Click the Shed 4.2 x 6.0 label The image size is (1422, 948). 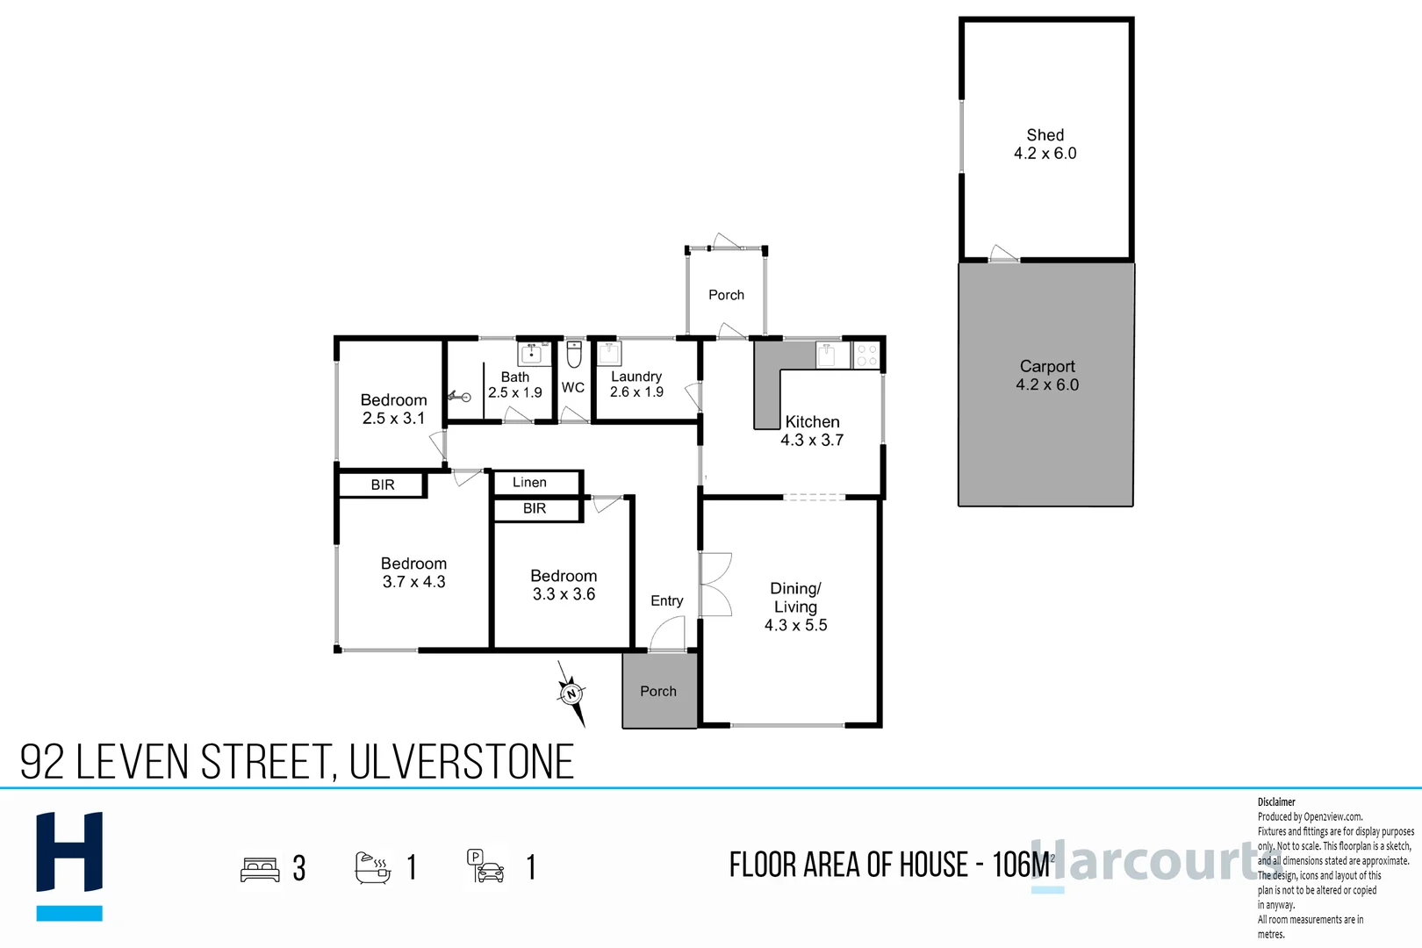(1045, 144)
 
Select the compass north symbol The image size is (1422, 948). (571, 693)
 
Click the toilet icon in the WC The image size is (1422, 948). (573, 355)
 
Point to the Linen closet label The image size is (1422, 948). (529, 483)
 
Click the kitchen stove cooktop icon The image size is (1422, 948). (866, 355)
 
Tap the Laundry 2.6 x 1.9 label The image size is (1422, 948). (636, 384)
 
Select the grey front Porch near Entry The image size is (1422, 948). (659, 691)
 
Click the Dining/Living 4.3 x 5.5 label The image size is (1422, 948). (795, 607)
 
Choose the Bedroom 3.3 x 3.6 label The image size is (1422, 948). (564, 585)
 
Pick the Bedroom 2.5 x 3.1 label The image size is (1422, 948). (393, 409)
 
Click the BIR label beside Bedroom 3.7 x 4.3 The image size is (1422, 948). (383, 485)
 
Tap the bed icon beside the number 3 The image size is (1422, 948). (260, 869)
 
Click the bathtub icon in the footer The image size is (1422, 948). (372, 867)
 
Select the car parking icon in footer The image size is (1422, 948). (485, 867)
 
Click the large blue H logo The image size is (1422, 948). (69, 865)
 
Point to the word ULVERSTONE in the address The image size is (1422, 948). (462, 762)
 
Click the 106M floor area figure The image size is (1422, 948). (1021, 865)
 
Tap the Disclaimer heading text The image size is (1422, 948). (1276, 802)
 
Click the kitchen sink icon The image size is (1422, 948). (827, 355)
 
